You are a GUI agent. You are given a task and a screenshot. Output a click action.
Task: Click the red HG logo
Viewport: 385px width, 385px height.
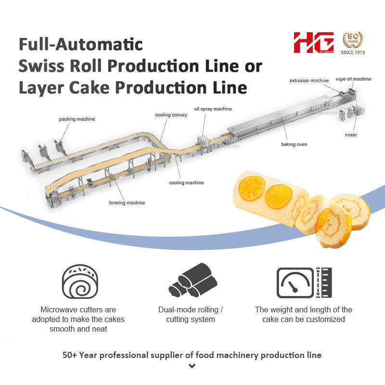point(314,42)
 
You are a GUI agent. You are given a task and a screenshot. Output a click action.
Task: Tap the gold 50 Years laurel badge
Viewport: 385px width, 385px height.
point(353,39)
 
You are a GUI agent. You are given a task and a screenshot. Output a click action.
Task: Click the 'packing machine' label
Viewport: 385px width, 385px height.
point(77,119)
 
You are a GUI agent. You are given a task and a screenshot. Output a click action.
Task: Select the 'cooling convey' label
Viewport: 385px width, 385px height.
point(171,115)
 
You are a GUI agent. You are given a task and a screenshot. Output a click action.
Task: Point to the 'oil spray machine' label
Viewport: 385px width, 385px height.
point(213,109)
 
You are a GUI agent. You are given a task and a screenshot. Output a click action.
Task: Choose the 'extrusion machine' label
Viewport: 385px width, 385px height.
point(309,80)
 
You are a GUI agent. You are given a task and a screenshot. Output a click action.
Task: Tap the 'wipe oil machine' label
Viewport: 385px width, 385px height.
point(353,79)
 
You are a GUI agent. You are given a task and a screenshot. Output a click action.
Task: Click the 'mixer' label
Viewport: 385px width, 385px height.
point(351,135)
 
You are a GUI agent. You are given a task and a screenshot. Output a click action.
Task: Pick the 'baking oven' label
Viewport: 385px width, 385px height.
point(294,144)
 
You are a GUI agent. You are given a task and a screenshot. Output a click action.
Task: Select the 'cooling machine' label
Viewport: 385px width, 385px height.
point(186,183)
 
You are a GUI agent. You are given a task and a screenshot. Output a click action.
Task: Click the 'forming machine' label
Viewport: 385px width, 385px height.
point(127,203)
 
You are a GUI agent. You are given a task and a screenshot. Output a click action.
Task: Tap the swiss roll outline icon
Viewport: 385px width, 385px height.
point(80,282)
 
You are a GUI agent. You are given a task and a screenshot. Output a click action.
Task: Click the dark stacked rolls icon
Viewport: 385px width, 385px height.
point(193,280)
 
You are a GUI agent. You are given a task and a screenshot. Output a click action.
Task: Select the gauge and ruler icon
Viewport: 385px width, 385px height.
point(304,282)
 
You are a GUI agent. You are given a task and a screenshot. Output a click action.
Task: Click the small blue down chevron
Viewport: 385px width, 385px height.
point(192,366)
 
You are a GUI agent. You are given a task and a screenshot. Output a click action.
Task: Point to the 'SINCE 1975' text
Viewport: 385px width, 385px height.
point(353,52)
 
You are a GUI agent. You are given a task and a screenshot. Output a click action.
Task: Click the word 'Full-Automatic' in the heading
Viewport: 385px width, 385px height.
point(80,44)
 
